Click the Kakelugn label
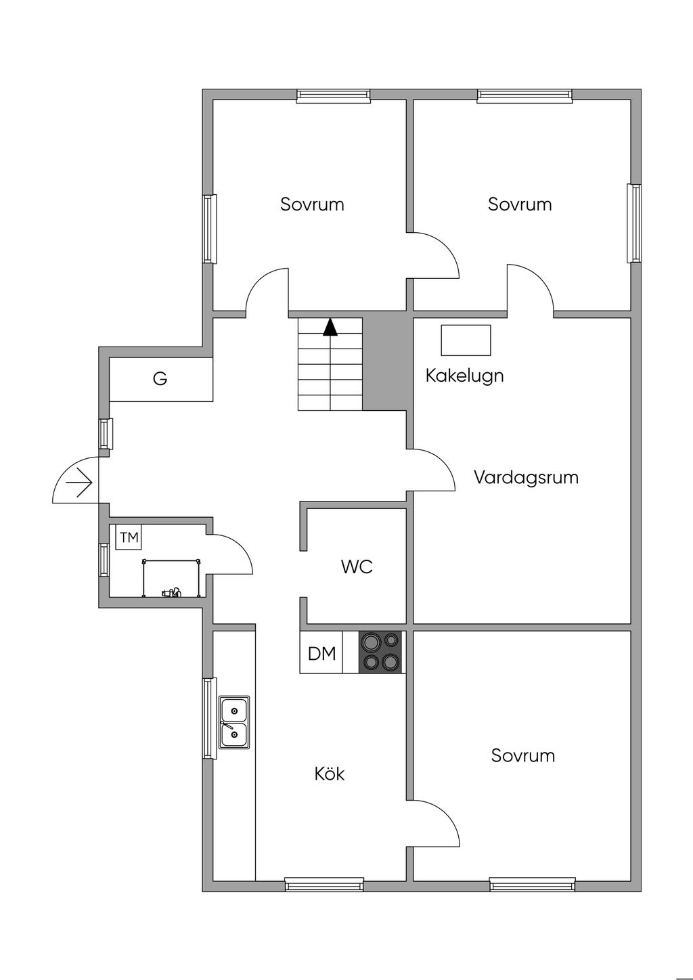pos(464,376)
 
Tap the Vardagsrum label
pos(526,477)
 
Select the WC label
pos(357,566)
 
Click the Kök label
pos(330,774)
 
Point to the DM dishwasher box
pos(321,653)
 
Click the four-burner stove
pos(380,652)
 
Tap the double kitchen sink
pos(234,722)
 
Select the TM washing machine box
pos(129,538)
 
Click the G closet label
pos(160,379)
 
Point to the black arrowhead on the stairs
pos(330,328)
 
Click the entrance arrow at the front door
pos(80,483)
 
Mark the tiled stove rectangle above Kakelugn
pos(466,340)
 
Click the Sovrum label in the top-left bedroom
pos(312,204)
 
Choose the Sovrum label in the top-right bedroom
pos(520,204)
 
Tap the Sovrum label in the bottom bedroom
pos(523,755)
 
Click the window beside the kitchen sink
pos(209,718)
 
